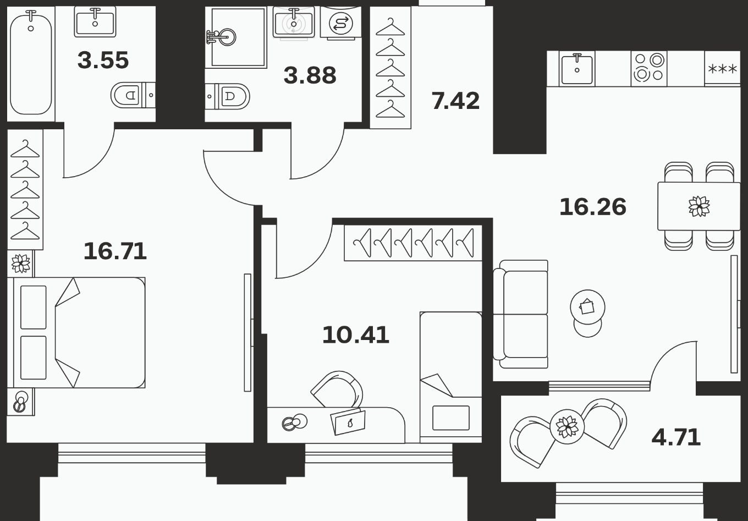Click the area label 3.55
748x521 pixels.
pos(103,61)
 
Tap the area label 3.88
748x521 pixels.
pos(310,75)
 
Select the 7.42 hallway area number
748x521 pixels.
pos(455,101)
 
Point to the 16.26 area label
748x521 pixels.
pos(593,207)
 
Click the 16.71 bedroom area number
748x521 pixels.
pos(115,251)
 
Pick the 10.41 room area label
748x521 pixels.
pos(356,335)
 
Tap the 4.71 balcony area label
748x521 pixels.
pos(676,437)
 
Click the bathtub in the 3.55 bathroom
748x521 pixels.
pos(31,63)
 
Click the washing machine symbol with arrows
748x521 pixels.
pos(340,23)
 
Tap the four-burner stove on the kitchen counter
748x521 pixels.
pos(649,68)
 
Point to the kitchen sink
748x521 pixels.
pos(577,69)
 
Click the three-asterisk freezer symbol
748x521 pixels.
pos(722,69)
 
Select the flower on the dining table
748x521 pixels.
pos(699,206)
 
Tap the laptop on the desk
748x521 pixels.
pos(348,422)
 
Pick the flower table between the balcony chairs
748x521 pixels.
pos(567,426)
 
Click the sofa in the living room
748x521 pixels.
pos(521,314)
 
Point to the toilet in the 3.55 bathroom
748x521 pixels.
pos(133,95)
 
